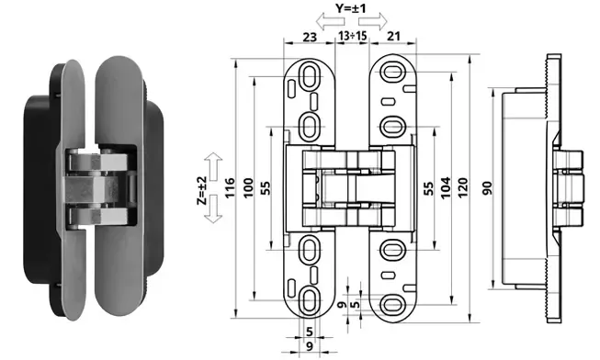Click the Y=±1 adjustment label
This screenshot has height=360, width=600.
point(350,8)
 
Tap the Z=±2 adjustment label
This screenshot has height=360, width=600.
point(201,190)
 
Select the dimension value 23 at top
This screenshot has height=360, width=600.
point(310,37)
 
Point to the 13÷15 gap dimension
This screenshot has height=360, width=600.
point(353,36)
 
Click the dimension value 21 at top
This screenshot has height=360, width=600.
point(393,36)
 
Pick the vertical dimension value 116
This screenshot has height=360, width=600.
point(230,188)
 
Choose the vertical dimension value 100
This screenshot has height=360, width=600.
point(249,188)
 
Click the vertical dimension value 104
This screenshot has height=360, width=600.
point(446,188)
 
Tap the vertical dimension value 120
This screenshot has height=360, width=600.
point(463,188)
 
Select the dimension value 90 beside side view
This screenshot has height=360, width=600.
point(487,188)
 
